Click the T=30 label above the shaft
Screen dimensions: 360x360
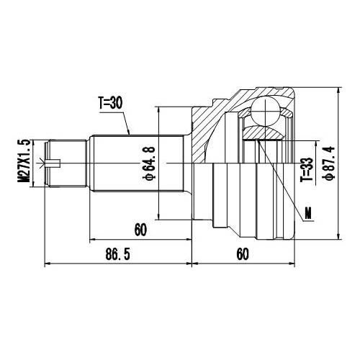(112, 103)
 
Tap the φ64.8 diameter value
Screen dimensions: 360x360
(148, 163)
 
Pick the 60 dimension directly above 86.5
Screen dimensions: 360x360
(140, 230)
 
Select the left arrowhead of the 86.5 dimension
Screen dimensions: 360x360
(48, 264)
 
